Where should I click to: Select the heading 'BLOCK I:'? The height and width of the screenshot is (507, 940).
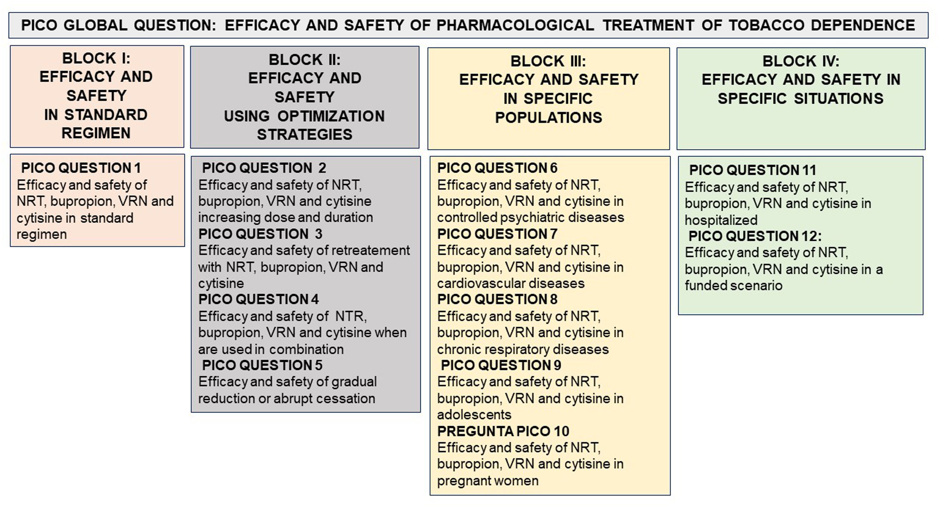pos(96,58)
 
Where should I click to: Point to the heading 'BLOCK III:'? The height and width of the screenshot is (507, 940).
pos(548,61)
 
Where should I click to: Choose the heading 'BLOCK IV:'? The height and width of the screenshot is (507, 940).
pos(801,61)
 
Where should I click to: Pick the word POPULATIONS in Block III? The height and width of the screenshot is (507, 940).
pos(548,118)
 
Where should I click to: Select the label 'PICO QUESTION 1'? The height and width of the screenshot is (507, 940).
pos(81,168)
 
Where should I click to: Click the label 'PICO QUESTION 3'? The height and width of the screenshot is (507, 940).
pos(260,234)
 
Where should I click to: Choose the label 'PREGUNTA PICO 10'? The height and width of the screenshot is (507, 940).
pos(503,431)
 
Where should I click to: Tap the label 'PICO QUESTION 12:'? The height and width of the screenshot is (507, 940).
pos(755,236)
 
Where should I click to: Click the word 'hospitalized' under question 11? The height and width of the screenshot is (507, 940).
pos(721,220)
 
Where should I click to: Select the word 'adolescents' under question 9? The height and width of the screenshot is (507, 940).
pos(474,415)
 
